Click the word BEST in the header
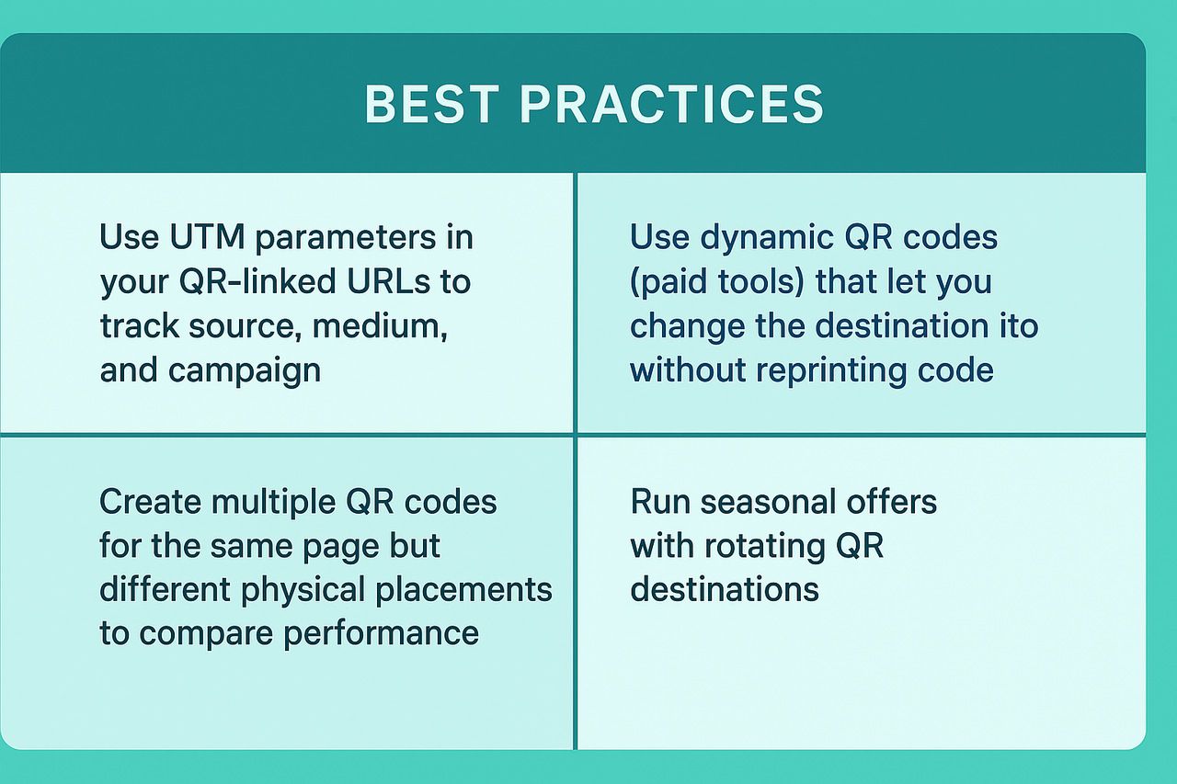click(x=431, y=104)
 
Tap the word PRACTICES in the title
click(x=671, y=104)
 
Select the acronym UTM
click(x=207, y=237)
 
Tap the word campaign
click(x=245, y=370)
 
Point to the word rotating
click(x=764, y=547)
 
